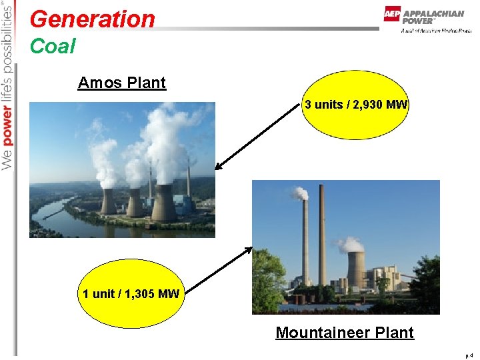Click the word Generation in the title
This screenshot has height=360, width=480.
coord(92,19)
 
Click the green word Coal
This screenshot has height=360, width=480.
coord(53,47)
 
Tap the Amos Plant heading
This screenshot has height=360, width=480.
coord(121,83)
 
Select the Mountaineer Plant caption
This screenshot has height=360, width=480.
coord(345,332)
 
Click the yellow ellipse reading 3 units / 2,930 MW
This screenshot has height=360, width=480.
coord(356,105)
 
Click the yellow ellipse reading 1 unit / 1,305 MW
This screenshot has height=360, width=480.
coord(131,293)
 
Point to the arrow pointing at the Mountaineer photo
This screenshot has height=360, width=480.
coord(217,269)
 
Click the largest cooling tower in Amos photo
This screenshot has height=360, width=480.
coord(164,203)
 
